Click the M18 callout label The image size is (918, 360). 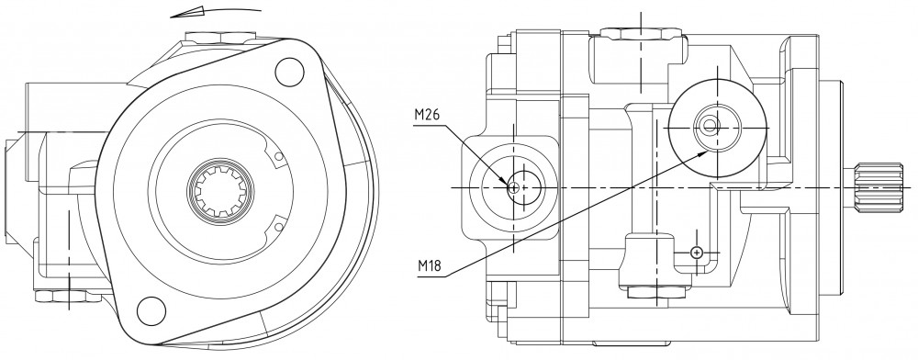point(430,267)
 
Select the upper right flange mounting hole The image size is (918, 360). point(289,71)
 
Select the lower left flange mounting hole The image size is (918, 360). point(151,311)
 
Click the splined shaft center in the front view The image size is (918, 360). point(220,191)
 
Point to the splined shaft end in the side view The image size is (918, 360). point(879,186)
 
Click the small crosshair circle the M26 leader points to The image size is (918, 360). point(513,187)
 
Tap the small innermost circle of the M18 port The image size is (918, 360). point(710,125)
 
